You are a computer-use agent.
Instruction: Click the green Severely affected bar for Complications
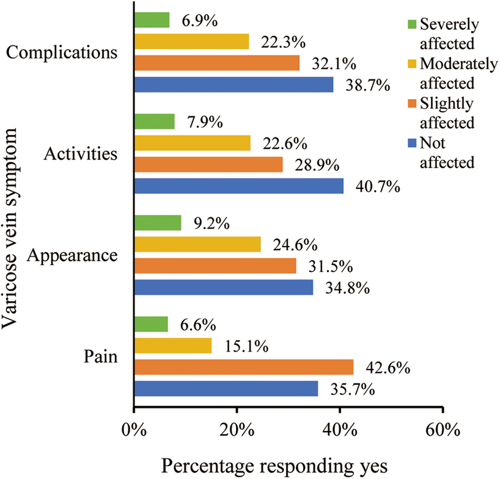click(x=151, y=20)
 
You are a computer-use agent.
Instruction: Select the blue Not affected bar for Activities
click(x=238, y=186)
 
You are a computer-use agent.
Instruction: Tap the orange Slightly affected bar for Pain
click(x=243, y=368)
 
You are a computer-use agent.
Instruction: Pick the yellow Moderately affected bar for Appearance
click(x=197, y=244)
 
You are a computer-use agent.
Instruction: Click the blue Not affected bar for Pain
click(x=225, y=389)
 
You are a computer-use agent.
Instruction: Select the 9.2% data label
click(x=211, y=224)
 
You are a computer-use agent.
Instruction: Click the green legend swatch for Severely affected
click(x=412, y=25)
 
